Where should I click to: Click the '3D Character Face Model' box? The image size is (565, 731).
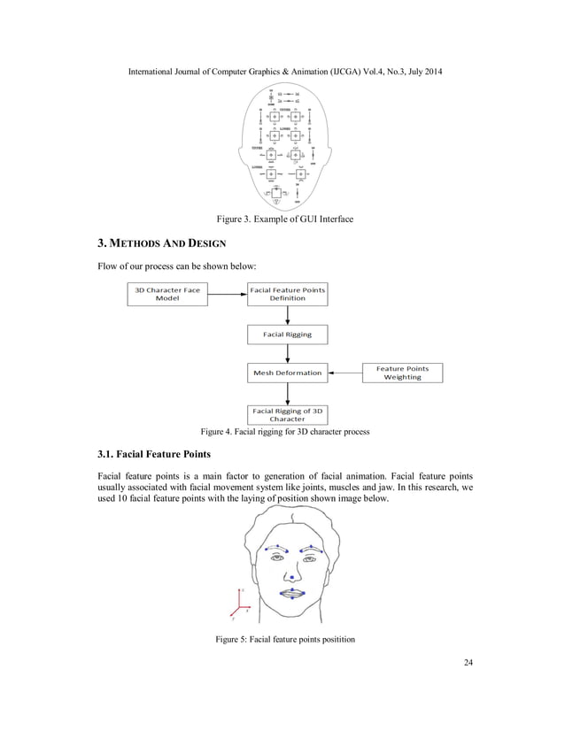point(167,294)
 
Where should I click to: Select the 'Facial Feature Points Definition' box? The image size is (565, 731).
point(287,294)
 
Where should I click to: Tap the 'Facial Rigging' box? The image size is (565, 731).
point(287,335)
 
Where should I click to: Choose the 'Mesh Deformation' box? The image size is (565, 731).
point(287,373)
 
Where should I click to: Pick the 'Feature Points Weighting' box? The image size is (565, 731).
point(402,373)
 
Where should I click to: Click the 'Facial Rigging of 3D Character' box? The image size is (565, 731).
point(287,414)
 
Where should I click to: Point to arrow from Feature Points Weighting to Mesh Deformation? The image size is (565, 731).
point(345,373)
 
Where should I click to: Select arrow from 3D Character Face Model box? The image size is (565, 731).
point(226,294)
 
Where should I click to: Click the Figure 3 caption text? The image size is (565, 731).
point(283,219)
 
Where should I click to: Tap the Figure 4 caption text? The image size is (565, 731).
point(284,432)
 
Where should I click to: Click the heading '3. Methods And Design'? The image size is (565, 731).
point(161,242)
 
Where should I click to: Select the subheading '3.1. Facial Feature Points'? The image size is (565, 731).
point(153,456)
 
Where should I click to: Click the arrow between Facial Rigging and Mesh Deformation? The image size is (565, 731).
point(287,354)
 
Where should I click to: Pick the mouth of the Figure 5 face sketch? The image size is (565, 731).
point(293,593)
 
